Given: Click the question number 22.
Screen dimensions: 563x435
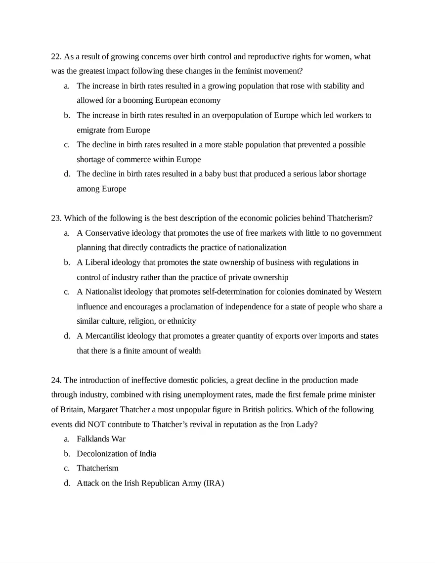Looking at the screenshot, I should coord(56,56).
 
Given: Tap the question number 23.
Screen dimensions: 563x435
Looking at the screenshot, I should coord(56,218).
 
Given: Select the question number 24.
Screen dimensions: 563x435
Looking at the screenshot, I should coord(56,380).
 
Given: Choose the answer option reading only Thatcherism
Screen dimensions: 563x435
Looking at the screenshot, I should coord(97,468).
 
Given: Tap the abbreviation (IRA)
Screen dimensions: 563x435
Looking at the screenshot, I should coord(214,483).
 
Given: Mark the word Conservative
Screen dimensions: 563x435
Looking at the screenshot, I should coord(106,233).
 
